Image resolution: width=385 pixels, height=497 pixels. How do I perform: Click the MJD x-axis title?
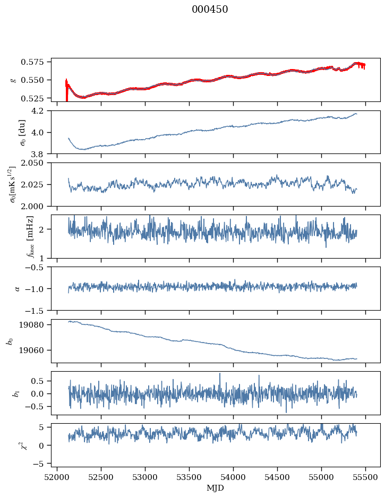[216, 488]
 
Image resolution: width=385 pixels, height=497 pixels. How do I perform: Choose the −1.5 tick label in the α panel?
[38, 310]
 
